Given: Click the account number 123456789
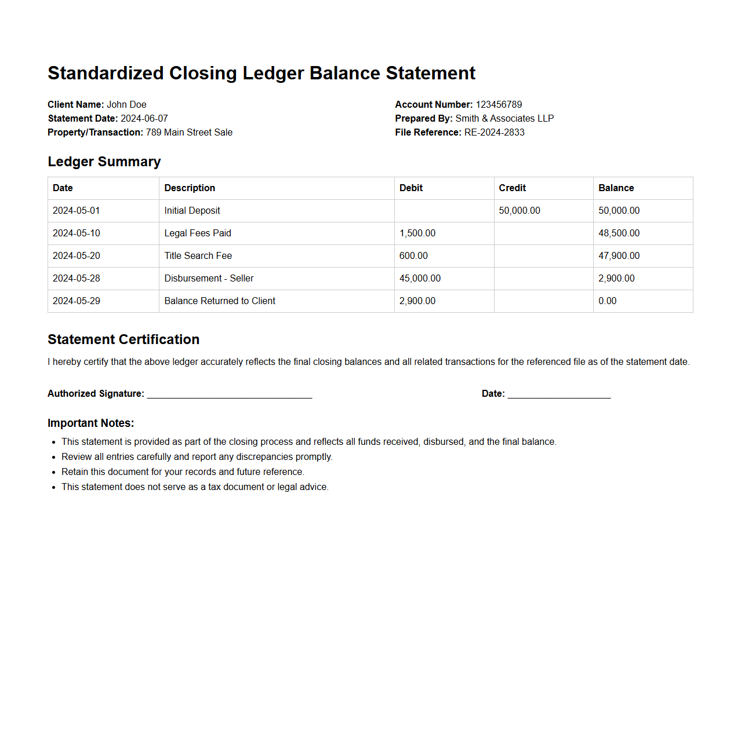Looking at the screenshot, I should click(499, 104).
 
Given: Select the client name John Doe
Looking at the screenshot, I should click(126, 104).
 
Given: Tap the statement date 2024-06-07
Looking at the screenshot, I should click(144, 118).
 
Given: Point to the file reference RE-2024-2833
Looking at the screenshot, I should click(494, 132).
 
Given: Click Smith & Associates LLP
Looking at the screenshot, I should click(504, 118).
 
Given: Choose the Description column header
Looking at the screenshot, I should click(190, 188).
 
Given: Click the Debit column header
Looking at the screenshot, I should click(411, 188).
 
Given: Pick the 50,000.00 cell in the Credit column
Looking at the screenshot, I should click(520, 210).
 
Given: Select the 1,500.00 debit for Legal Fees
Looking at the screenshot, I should click(417, 233).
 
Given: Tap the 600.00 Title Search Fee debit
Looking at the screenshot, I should click(413, 255).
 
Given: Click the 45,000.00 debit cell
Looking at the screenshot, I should click(420, 278).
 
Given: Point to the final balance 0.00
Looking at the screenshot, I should click(607, 301).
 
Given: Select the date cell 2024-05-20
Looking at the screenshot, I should click(77, 255).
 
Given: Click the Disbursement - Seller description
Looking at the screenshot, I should click(209, 278).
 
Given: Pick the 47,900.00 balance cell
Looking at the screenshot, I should click(619, 255).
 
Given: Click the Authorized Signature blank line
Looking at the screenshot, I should click(230, 394).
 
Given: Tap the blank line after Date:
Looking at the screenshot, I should click(559, 394).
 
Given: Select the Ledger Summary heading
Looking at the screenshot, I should click(104, 162).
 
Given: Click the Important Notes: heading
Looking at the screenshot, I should click(91, 423).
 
